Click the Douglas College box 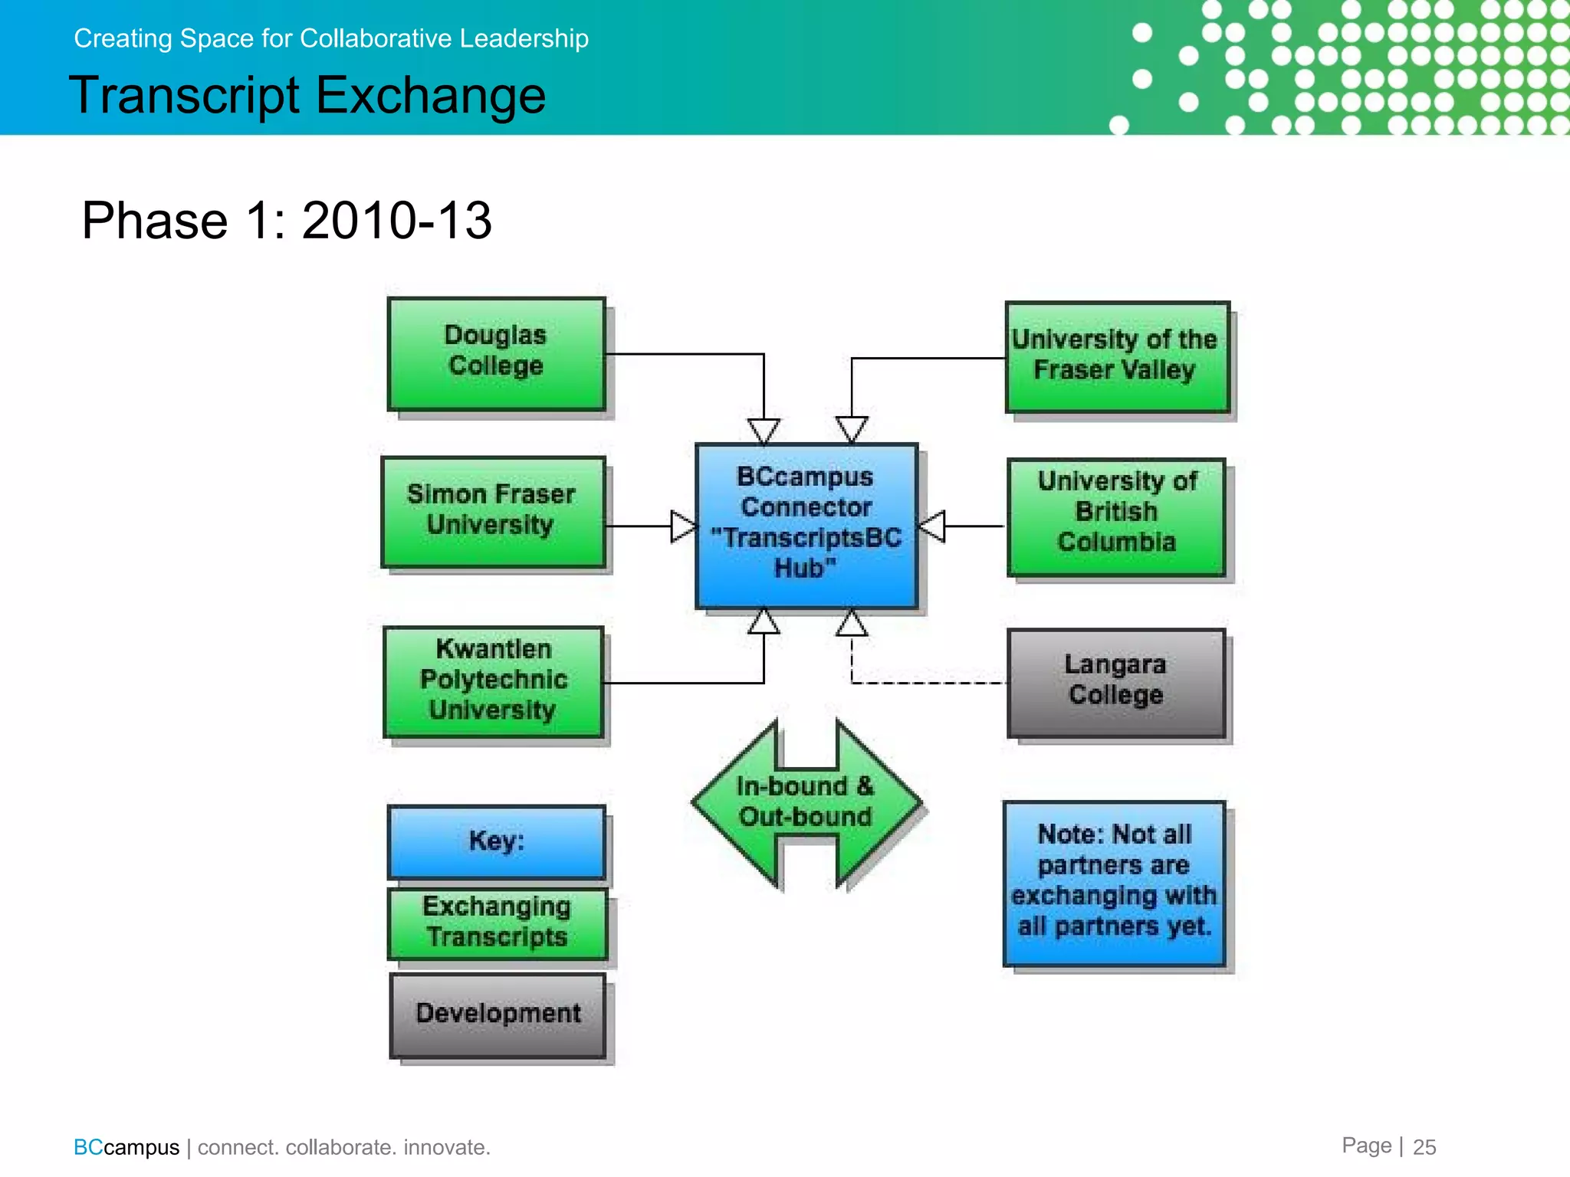[x=496, y=353]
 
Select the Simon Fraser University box [x=493, y=512]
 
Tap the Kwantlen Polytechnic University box [x=493, y=681]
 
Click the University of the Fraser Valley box [x=1117, y=356]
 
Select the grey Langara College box [x=1115, y=682]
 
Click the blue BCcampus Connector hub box [x=806, y=526]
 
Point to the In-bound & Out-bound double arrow [x=806, y=803]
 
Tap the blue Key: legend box [x=496, y=841]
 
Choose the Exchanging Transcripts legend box [x=497, y=923]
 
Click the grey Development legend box [x=498, y=1015]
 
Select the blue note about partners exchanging [x=1114, y=883]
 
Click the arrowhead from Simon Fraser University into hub [x=683, y=526]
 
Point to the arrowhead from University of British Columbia [x=932, y=526]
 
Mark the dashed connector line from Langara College [x=928, y=682]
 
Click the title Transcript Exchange [x=307, y=96]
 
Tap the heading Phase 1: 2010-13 [x=287, y=221]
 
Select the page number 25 [x=1424, y=1147]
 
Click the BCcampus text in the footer [x=126, y=1147]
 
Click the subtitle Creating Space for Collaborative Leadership [x=331, y=38]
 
